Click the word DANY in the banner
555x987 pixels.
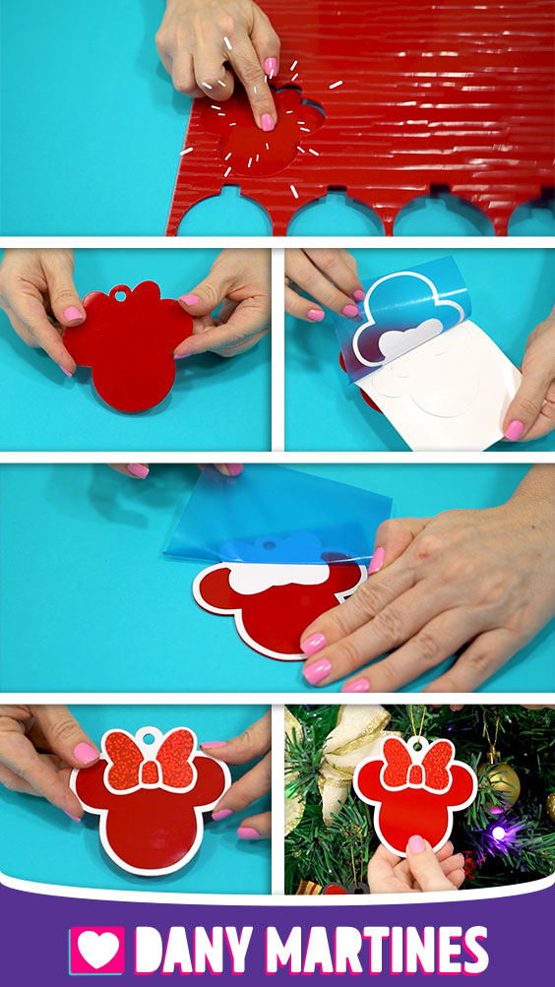click(x=194, y=950)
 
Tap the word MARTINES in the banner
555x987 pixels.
click(x=377, y=950)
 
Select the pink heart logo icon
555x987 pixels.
click(x=96, y=950)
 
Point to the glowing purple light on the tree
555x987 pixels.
click(x=499, y=833)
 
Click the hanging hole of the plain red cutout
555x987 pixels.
click(x=119, y=292)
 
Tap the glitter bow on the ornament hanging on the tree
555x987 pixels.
click(x=416, y=765)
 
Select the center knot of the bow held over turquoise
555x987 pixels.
click(x=150, y=771)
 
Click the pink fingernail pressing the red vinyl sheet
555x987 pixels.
click(x=268, y=121)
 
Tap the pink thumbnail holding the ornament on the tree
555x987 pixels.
click(x=416, y=844)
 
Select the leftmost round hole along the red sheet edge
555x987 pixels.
click(x=225, y=214)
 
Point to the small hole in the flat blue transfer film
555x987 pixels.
click(x=270, y=544)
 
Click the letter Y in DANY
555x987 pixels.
click(x=237, y=950)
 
